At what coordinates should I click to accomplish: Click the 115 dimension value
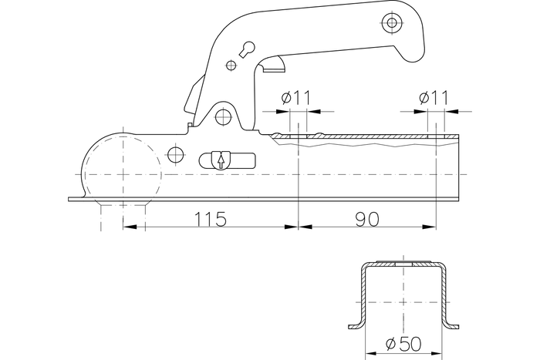(x=210, y=220)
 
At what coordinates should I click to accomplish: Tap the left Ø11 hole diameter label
(x=295, y=99)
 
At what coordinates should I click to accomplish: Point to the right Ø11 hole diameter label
(x=434, y=99)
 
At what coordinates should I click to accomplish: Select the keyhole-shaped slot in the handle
(x=245, y=50)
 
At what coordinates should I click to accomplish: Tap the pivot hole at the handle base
(x=224, y=116)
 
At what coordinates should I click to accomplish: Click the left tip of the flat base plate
(x=70, y=199)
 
